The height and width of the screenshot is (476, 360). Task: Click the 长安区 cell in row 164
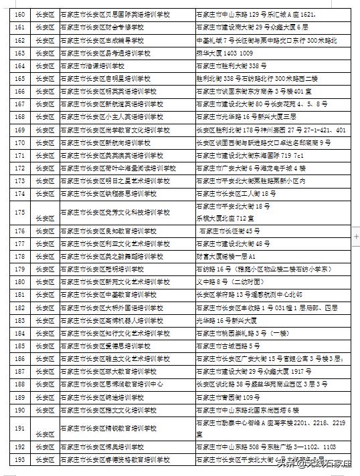pyautogui.click(x=46, y=66)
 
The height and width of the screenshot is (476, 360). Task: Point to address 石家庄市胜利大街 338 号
pyautogui.click(x=232, y=66)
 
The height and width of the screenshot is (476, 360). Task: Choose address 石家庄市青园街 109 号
pyautogui.click(x=232, y=396)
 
